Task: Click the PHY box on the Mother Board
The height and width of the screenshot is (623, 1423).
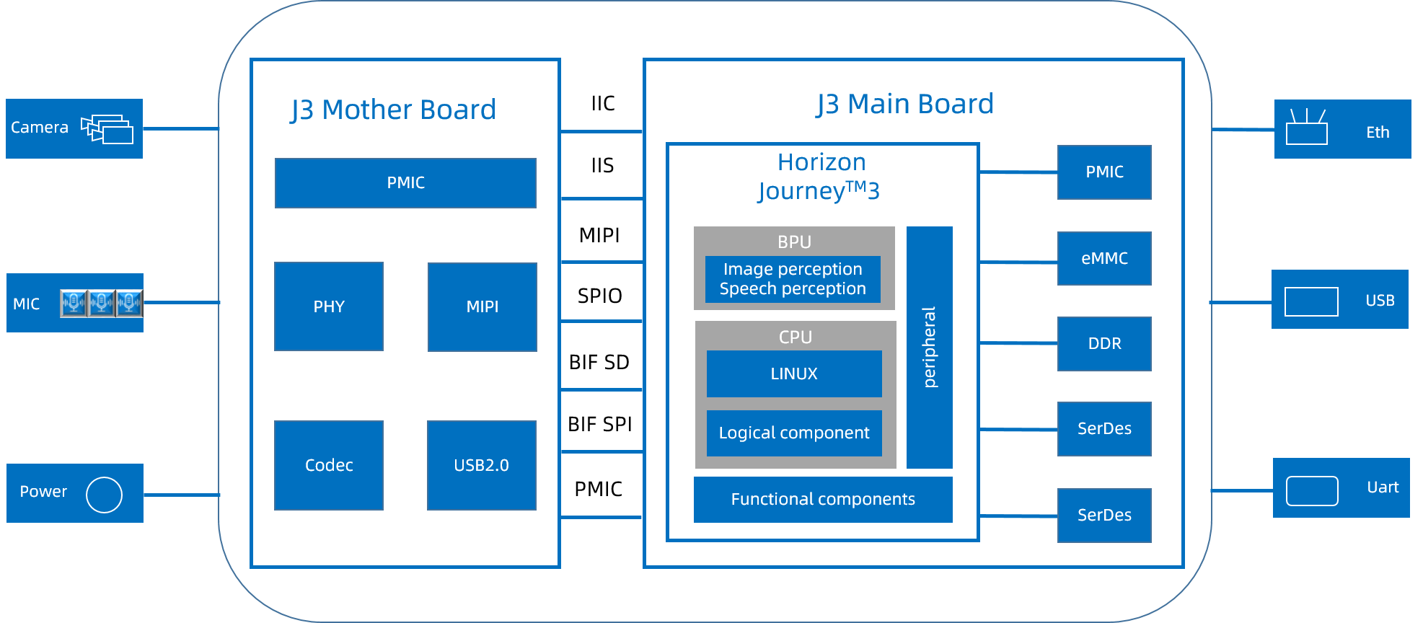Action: tap(329, 306)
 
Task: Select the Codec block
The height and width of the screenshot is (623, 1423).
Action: tap(329, 465)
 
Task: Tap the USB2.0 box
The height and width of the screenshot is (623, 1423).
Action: tap(482, 465)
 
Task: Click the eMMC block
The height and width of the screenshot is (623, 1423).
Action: tap(1104, 258)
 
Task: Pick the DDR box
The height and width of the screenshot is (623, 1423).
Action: tap(1104, 343)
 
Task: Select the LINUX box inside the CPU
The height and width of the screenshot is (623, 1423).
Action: tap(794, 374)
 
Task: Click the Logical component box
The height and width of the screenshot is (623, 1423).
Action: tap(794, 433)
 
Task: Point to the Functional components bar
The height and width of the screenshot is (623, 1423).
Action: tap(823, 499)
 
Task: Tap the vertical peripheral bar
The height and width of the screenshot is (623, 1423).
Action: tap(930, 348)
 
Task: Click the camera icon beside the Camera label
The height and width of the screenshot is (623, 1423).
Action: tap(107, 129)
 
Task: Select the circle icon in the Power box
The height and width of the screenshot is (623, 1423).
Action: tap(104, 495)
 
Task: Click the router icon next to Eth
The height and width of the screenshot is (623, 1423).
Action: tap(1306, 127)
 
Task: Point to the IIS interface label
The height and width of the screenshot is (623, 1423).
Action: tap(602, 165)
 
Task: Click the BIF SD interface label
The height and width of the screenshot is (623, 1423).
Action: tap(599, 362)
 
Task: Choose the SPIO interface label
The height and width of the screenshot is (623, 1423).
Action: tap(599, 296)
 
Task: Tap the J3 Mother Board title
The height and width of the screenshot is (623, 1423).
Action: tap(393, 110)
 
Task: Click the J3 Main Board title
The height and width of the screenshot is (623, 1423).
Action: tap(905, 104)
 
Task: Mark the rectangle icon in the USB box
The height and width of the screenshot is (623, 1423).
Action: tap(1311, 301)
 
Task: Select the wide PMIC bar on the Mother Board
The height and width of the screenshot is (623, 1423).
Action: tap(405, 183)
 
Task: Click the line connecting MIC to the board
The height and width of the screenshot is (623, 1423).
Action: tap(182, 302)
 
